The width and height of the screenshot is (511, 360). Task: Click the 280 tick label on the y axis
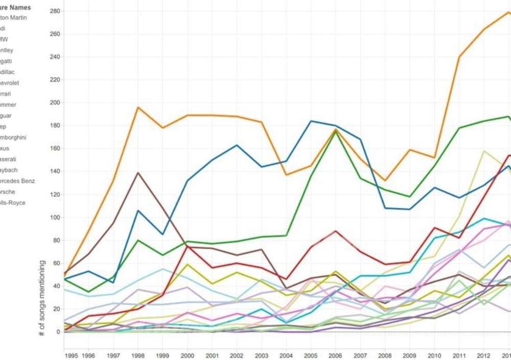point(55,11)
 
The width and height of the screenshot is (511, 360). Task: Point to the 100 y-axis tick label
point(55,218)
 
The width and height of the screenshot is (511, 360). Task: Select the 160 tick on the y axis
point(55,149)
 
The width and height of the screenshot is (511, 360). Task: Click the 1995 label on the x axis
point(72,354)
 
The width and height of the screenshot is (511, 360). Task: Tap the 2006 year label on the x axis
point(335,354)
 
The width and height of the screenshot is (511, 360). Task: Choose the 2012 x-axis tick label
point(483,354)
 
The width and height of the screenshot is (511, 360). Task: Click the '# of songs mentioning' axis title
point(42,298)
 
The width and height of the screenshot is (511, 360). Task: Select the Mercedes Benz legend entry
point(17,181)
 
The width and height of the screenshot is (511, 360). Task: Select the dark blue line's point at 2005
point(310,121)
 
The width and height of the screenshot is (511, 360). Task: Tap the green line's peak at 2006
point(335,132)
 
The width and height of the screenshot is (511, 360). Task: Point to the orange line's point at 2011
point(459,57)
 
